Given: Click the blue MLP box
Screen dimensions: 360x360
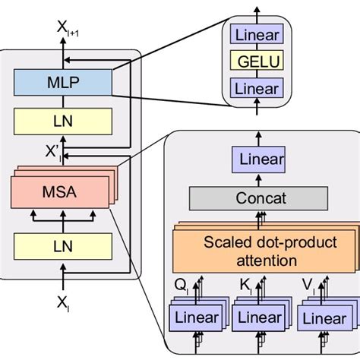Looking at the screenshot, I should (62, 81).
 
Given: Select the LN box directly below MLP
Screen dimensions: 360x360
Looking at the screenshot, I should (62, 120).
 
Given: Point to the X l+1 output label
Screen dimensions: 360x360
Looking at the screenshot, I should (68, 29).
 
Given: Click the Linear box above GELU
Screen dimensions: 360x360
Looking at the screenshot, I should (258, 35).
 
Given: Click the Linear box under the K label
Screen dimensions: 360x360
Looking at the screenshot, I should (256, 318).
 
